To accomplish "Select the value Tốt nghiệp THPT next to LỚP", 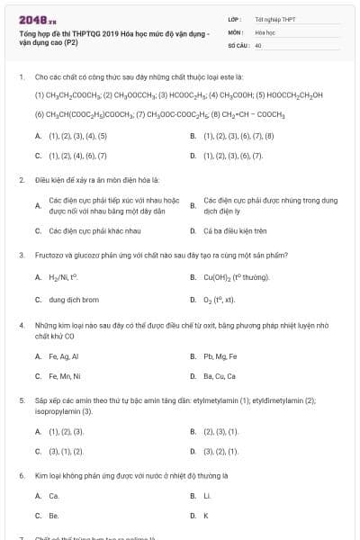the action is click(x=274, y=19).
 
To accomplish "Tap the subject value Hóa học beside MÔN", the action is click(x=265, y=31).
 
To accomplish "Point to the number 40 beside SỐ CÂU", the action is click(x=258, y=44).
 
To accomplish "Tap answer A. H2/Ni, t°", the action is click(x=64, y=277).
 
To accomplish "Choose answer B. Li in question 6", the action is click(x=207, y=496).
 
